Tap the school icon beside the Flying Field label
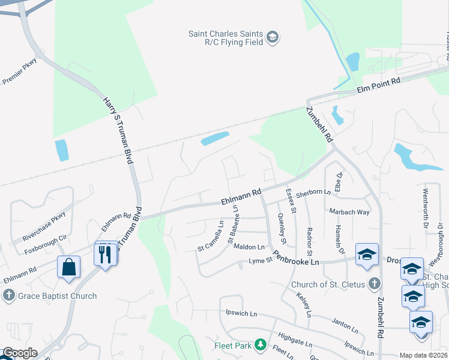[273, 38]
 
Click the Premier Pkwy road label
[20, 71]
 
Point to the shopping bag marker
[69, 266]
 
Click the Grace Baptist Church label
[57, 296]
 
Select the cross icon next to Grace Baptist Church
[8, 296]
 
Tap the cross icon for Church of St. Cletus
[374, 283]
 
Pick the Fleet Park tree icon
[260, 344]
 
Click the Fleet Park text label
[232, 345]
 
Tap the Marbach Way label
[349, 212]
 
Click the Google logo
[20, 353]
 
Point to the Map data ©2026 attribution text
[423, 355]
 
